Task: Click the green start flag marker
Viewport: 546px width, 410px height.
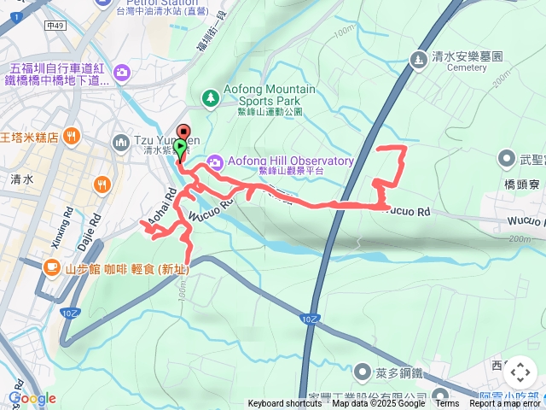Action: (180, 148)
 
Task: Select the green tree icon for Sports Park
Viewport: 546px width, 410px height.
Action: (210, 99)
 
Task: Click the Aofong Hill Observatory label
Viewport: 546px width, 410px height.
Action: (289, 161)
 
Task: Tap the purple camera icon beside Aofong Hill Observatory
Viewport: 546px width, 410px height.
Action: (214, 161)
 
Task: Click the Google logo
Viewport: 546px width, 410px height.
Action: (32, 398)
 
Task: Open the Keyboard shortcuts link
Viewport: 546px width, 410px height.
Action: (285, 404)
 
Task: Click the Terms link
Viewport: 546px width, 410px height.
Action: (447, 404)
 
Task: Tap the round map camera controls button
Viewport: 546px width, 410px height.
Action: (520, 372)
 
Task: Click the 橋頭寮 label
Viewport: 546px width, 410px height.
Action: (521, 184)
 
